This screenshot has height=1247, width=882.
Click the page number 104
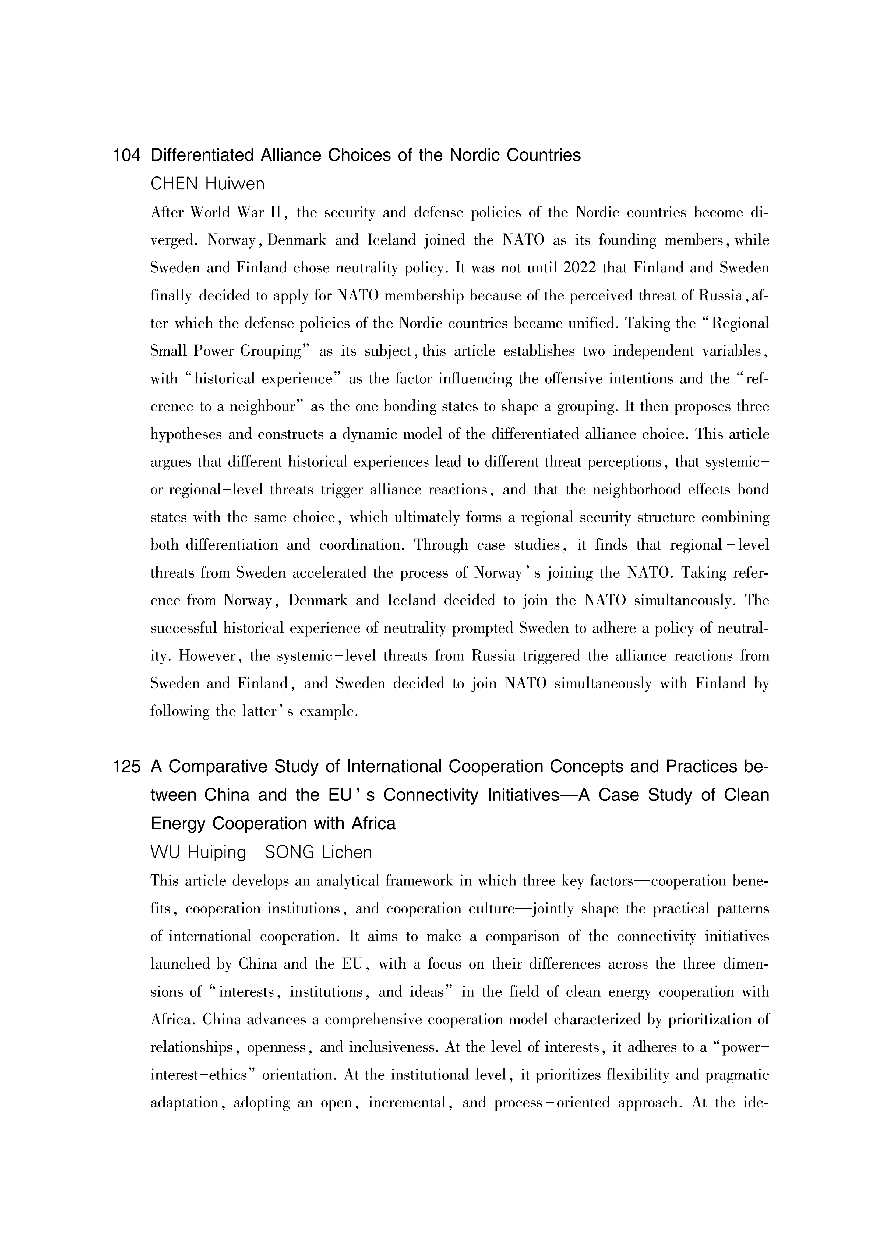pyautogui.click(x=126, y=156)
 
